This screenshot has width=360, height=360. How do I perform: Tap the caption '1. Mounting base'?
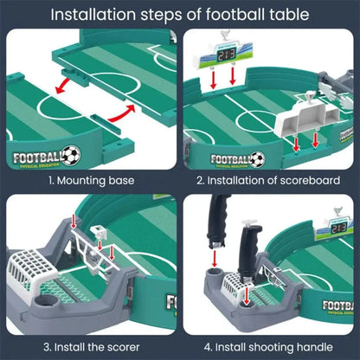point(91,180)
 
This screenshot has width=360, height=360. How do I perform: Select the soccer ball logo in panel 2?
point(259,158)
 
